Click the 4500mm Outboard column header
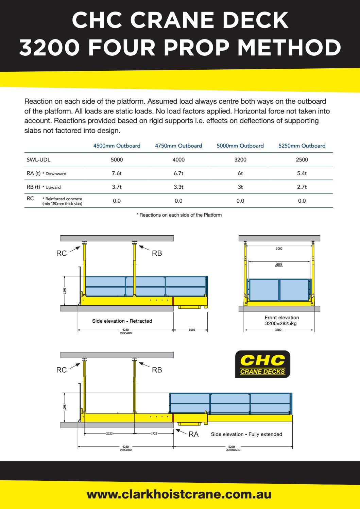pyautogui.click(x=117, y=146)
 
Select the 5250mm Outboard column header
pyautogui.click(x=302, y=146)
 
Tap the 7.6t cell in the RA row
pyautogui.click(x=117, y=173)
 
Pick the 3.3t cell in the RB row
pyautogui.click(x=178, y=187)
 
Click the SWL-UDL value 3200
pyautogui.click(x=240, y=159)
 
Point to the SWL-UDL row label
pyautogui.click(x=39, y=159)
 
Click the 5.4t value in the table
pyautogui.click(x=302, y=173)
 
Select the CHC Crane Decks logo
pyautogui.click(x=263, y=364)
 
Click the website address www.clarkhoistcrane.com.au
pyautogui.click(x=179, y=494)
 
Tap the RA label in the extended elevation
pyautogui.click(x=193, y=434)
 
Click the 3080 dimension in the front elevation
pyautogui.click(x=279, y=249)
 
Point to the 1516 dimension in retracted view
pyautogui.click(x=192, y=330)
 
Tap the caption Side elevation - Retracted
pyautogui.click(x=122, y=321)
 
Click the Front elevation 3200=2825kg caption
pyautogui.click(x=281, y=321)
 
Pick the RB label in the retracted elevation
pyautogui.click(x=157, y=253)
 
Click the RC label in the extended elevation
pyautogui.click(x=62, y=370)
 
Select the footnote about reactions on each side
pyautogui.click(x=179, y=215)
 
